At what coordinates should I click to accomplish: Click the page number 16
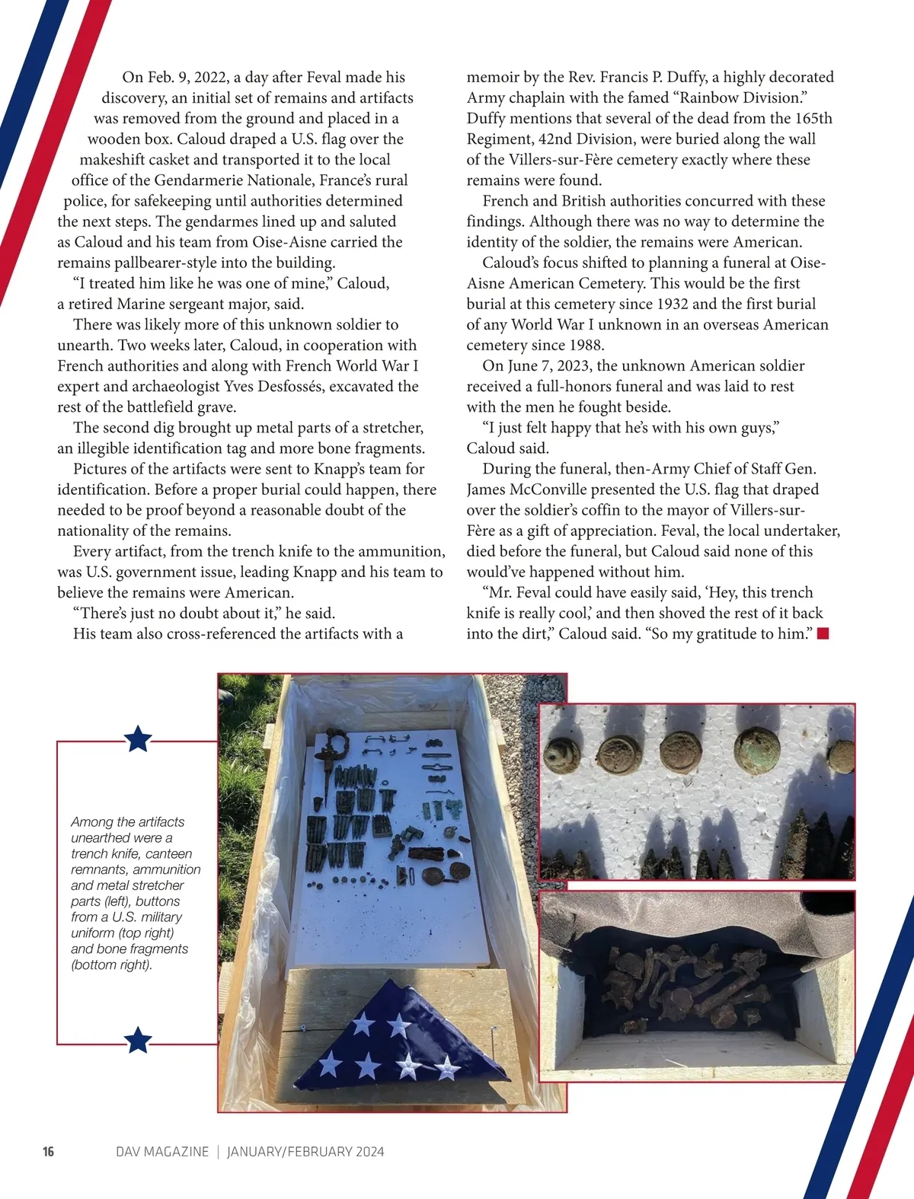coord(48,1151)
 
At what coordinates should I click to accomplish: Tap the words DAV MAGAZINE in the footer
coord(162,1151)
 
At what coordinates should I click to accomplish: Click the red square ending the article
coord(823,633)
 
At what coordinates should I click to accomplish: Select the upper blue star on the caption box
coord(138,738)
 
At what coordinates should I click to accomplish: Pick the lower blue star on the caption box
coord(138,1039)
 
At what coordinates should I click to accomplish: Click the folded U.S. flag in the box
coord(396,1047)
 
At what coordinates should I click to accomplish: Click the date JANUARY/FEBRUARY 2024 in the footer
coord(305,1151)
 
